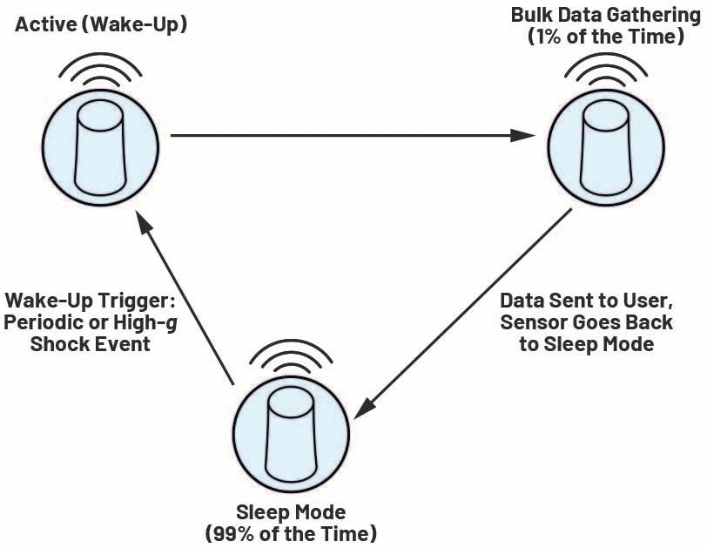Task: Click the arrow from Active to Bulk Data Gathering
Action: [348, 136]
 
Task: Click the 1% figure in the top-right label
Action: [563, 38]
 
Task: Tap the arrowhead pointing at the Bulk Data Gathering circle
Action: [522, 136]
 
